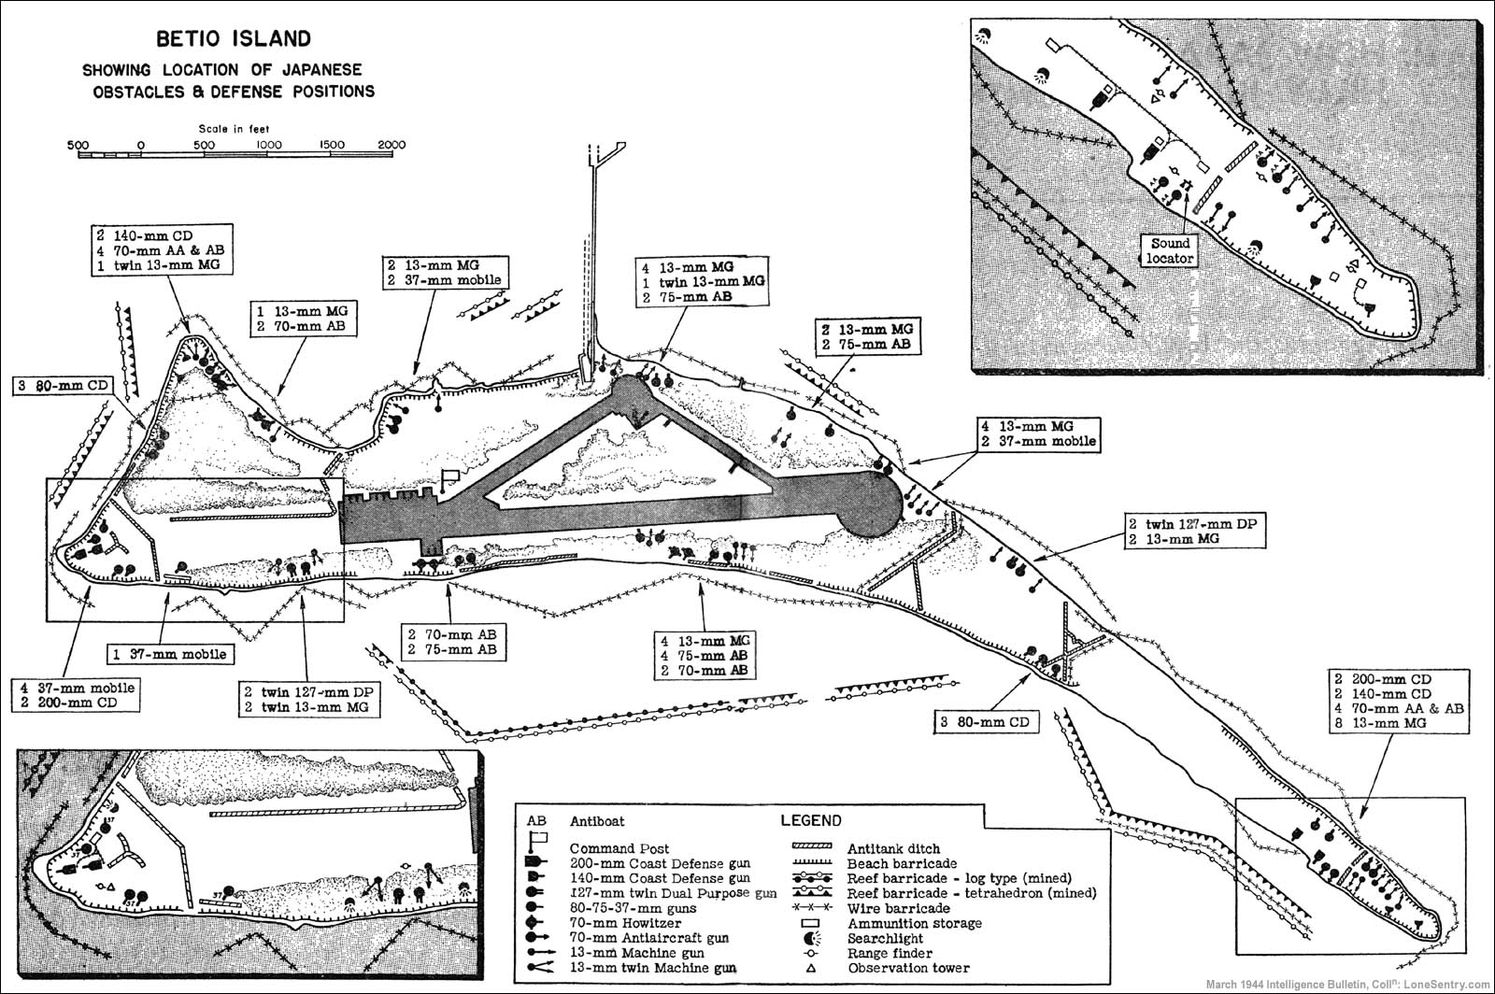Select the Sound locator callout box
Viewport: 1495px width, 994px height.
1169,249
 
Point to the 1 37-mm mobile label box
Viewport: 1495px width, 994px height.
167,653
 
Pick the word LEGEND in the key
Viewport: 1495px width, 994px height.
810,820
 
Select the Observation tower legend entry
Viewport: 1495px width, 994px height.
907,968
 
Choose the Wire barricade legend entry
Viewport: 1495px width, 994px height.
898,908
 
